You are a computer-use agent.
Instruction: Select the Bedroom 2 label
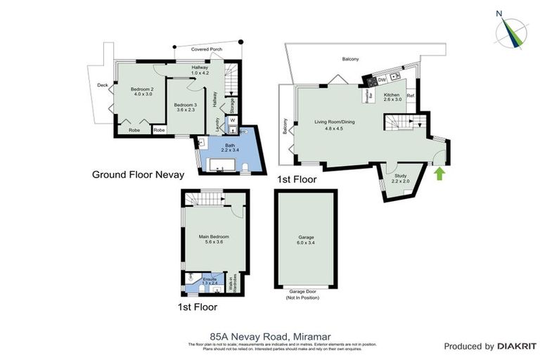[x=141, y=92]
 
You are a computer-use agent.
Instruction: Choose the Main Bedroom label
[x=214, y=239]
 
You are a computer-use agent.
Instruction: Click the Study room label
[x=401, y=179]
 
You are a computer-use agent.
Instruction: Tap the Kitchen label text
[x=392, y=97]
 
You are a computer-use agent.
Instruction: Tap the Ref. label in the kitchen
[x=411, y=95]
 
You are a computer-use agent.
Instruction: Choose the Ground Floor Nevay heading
[x=138, y=174]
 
